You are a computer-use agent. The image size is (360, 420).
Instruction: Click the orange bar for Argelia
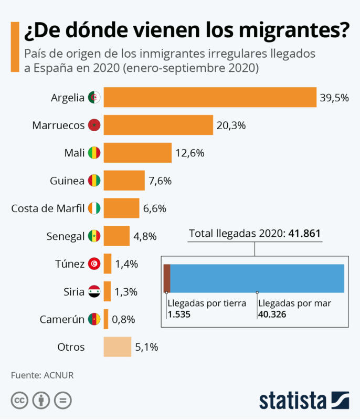210,98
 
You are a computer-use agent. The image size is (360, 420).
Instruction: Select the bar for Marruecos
158,125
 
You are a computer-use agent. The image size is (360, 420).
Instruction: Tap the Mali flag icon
94,153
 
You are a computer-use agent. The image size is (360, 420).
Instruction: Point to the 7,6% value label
160,181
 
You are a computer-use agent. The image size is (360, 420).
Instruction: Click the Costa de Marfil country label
48,208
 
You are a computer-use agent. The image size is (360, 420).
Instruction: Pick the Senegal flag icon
94,236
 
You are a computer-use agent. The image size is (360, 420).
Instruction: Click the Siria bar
108,291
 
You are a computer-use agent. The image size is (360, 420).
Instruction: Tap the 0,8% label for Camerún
124,319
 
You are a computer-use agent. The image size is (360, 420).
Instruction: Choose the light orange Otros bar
117,347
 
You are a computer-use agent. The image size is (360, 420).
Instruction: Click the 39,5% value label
334,98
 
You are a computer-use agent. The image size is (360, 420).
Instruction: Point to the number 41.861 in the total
303,234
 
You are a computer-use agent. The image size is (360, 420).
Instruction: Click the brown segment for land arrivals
167,278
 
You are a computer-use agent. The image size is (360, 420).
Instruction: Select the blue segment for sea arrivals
257,278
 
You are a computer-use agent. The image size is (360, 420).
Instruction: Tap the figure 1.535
178,314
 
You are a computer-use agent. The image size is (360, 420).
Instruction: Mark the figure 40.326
272,314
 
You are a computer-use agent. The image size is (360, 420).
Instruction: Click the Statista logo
304,400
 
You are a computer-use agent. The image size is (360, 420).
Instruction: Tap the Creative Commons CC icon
19,401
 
